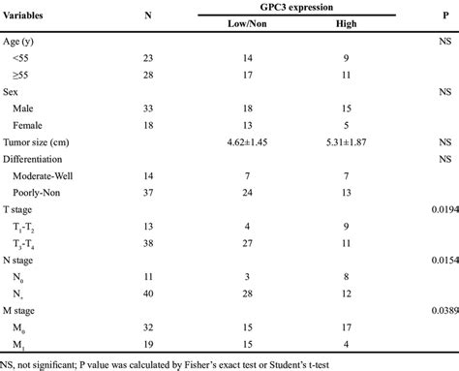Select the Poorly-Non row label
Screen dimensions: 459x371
click(34, 191)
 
